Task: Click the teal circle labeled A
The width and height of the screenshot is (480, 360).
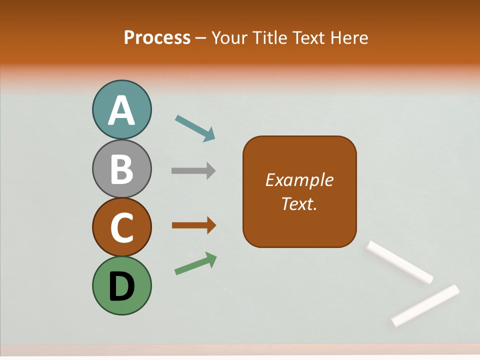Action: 121,109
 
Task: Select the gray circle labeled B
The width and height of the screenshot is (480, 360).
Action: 121,168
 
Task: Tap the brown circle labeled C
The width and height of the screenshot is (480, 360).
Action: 121,227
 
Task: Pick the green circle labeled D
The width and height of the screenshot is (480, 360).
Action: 121,285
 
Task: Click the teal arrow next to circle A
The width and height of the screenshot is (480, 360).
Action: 195,128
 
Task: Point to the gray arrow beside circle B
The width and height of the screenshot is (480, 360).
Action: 193,171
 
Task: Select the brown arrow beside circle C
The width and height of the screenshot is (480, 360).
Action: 194,225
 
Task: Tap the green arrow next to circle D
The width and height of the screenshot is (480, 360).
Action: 195,263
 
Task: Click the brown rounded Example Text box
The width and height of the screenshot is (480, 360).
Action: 299,220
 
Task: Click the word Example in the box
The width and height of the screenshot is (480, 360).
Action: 299,180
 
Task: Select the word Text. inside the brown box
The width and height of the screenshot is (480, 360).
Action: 299,204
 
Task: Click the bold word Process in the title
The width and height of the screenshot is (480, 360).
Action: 157,37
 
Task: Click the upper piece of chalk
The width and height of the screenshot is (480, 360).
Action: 400,262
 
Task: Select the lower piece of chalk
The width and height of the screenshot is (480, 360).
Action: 425,305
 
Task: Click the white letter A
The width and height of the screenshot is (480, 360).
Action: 121,110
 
